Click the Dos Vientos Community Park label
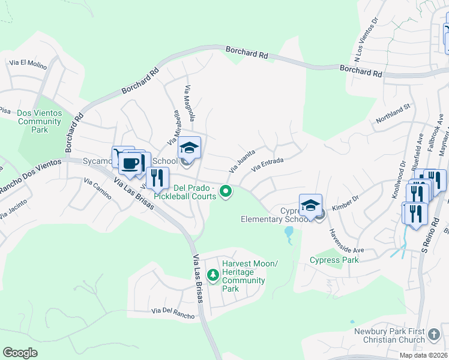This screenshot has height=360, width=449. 40,121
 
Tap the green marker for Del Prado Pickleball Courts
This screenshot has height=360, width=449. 226,192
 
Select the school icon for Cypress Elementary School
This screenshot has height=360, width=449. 310,206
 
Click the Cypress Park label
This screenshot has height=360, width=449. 334,260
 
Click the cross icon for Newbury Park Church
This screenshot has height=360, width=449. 435,332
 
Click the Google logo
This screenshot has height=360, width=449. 20,353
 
